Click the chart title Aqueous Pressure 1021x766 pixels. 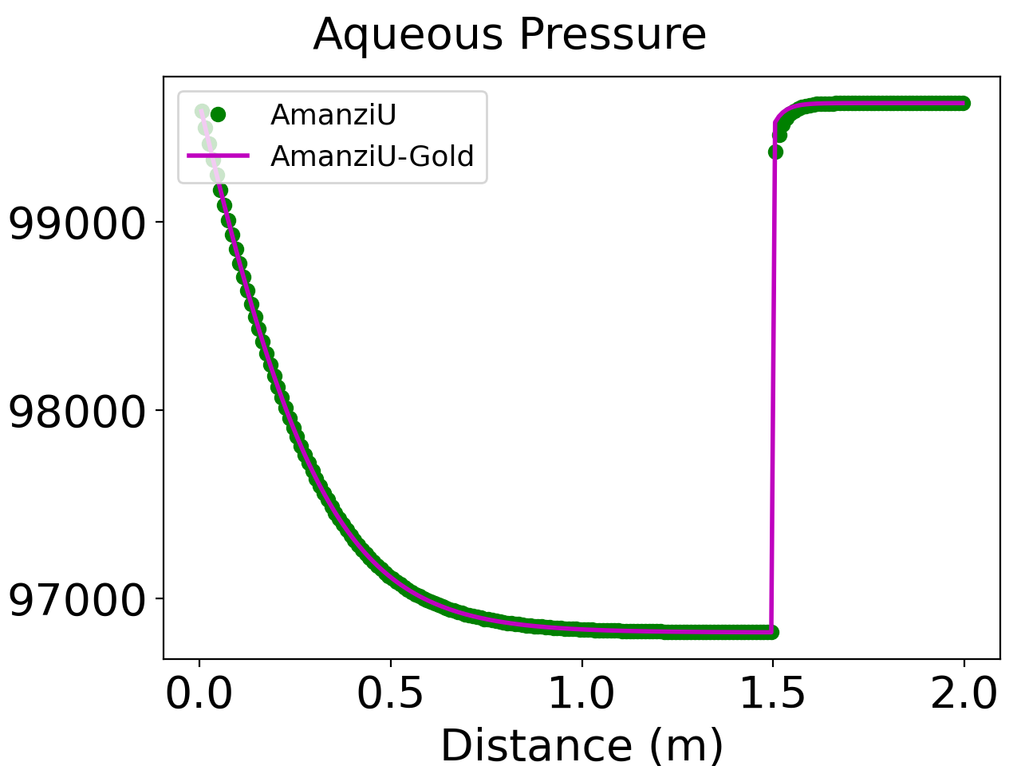(x=510, y=35)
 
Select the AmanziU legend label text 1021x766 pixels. (x=333, y=115)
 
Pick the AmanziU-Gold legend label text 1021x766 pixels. (x=372, y=156)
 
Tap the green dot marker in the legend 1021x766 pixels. (x=218, y=115)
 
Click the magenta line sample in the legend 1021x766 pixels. (x=218, y=156)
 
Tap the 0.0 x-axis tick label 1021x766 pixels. (x=199, y=694)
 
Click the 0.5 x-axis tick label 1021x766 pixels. (x=390, y=694)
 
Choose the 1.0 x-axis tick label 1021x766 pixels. (x=581, y=694)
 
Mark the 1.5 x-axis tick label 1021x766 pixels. (x=773, y=694)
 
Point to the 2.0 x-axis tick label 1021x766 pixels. (x=964, y=694)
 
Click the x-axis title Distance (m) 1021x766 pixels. (x=581, y=745)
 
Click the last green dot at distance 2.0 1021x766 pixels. (x=964, y=103)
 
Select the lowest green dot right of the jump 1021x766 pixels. (x=775, y=152)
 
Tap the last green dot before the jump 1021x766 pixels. (x=771, y=632)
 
